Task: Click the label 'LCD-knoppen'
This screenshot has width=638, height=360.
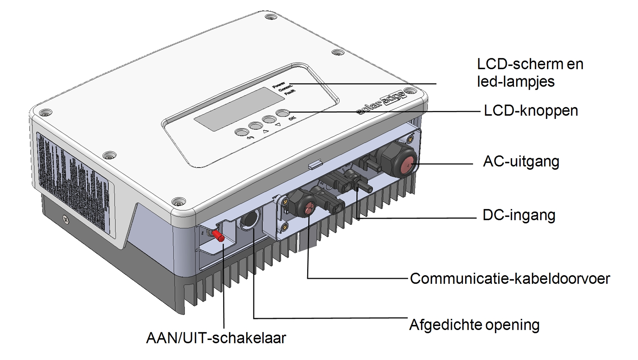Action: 531,111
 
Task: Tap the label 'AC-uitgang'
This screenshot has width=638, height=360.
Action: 521,162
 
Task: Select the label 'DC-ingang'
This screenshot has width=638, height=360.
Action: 519,215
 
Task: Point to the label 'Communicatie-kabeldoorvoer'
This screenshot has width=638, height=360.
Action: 510,279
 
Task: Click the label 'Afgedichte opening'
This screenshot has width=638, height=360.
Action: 474,325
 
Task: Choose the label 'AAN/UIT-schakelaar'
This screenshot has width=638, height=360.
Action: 216,338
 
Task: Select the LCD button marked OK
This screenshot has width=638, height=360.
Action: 282,113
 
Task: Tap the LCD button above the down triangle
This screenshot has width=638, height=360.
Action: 269,119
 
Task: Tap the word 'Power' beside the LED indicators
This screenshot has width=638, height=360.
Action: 279,85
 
